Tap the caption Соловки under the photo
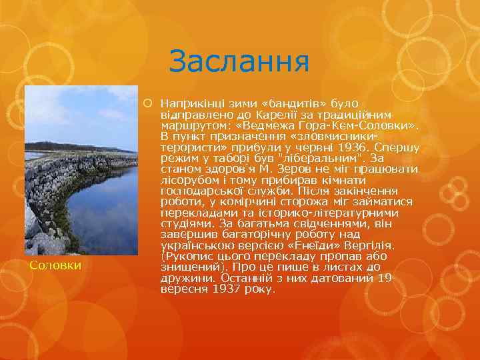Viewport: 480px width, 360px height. [56, 265]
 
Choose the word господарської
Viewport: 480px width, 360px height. [200, 190]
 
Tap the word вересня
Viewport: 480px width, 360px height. [184, 289]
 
